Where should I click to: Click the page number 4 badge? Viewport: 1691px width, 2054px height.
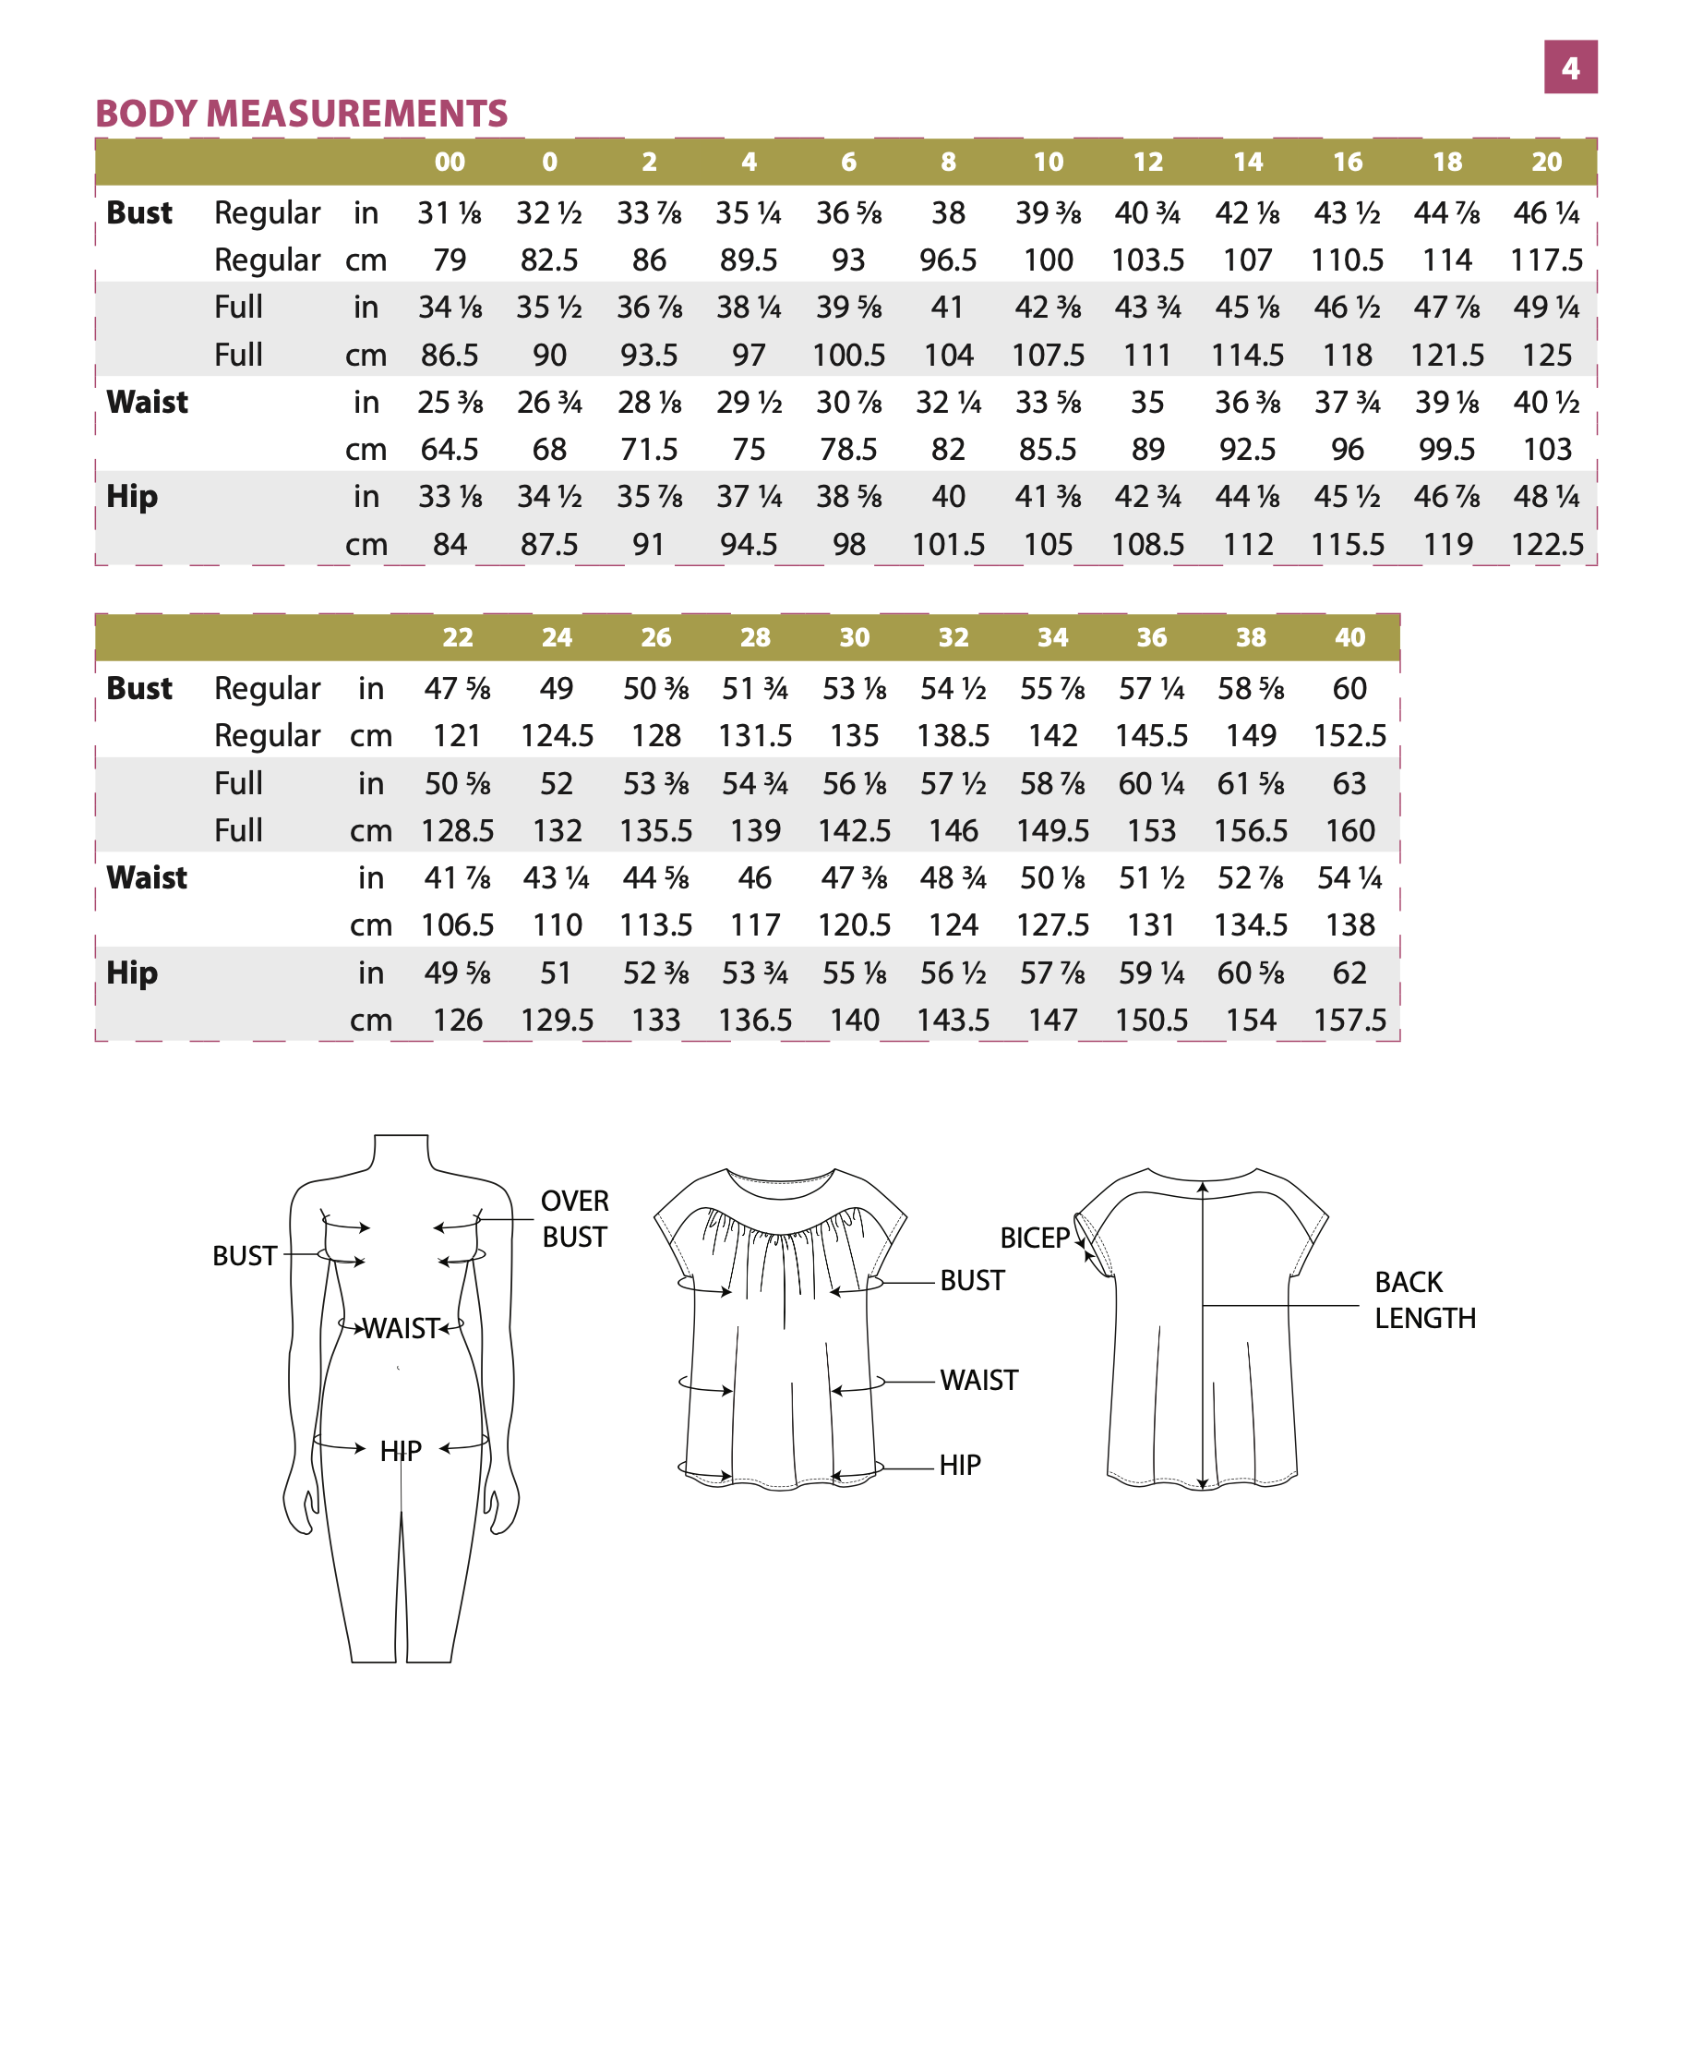(1569, 67)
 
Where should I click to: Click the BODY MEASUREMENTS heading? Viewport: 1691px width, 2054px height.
(301, 114)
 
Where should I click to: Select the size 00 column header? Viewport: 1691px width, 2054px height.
(449, 162)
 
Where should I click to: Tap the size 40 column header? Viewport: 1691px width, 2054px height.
(1349, 637)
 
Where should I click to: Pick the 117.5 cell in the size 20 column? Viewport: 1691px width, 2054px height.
(1546, 260)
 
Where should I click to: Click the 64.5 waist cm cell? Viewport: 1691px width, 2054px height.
(449, 449)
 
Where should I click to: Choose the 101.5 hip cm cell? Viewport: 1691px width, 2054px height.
(948, 545)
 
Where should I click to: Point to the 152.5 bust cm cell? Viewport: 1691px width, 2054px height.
(1349, 736)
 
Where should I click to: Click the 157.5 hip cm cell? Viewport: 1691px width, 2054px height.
(1349, 1021)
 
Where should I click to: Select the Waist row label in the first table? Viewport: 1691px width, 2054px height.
(147, 403)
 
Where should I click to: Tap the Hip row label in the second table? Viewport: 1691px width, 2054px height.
(131, 973)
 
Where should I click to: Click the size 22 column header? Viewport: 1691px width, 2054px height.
(457, 637)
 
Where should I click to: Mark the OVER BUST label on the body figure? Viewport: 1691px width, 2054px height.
(575, 1218)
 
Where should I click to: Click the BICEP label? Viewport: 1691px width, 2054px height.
(1035, 1238)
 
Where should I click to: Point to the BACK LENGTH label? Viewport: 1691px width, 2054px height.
(1424, 1299)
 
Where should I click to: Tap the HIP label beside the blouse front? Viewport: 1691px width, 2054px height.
(959, 1465)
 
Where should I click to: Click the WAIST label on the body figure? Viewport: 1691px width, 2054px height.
(402, 1328)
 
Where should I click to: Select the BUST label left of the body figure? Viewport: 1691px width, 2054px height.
(245, 1256)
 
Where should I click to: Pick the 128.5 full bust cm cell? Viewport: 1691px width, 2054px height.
(457, 831)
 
